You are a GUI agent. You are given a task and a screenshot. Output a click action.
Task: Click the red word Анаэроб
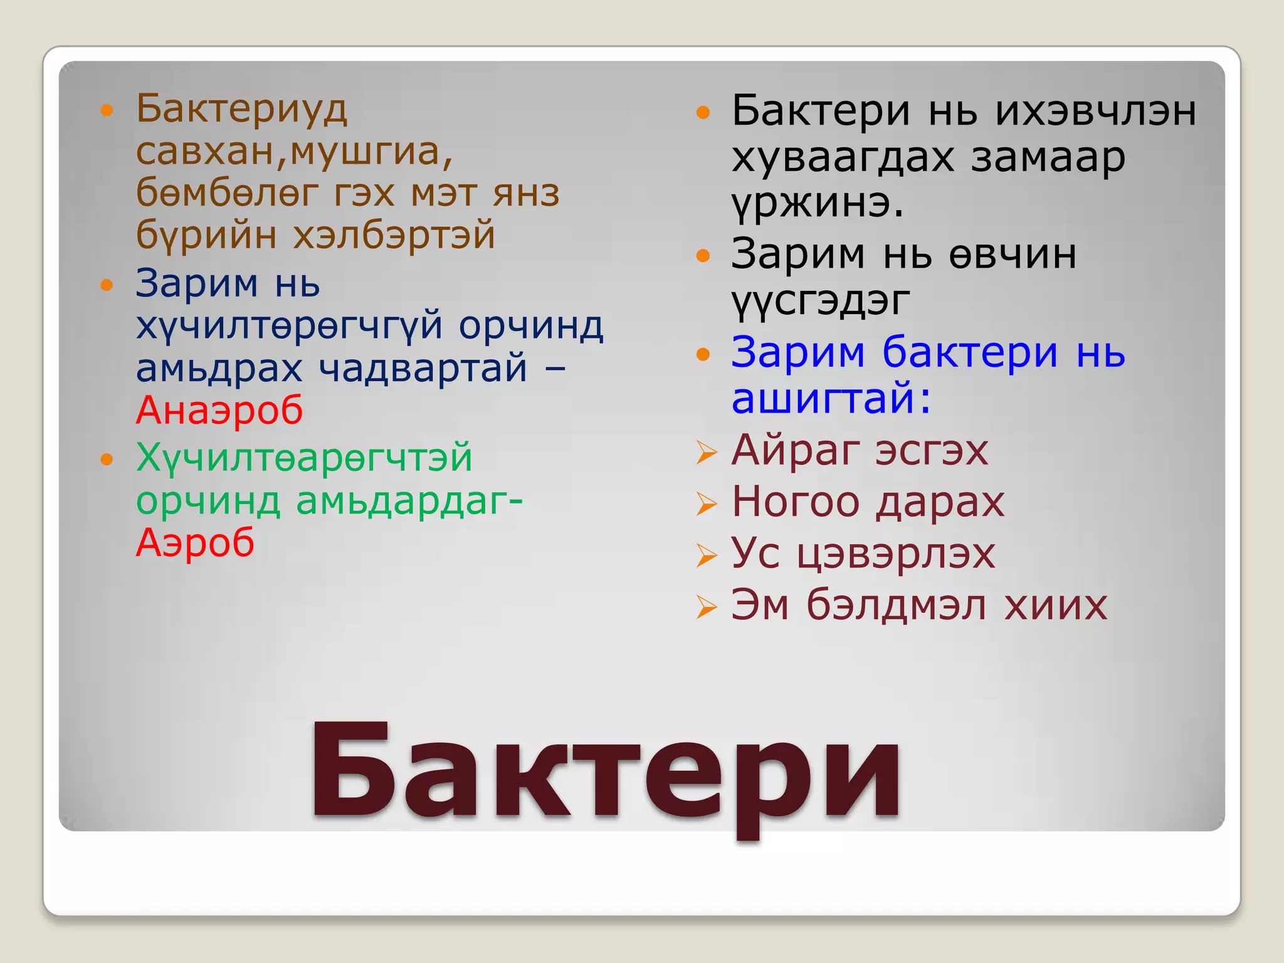click(x=219, y=411)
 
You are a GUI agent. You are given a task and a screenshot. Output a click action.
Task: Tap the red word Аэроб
click(x=195, y=542)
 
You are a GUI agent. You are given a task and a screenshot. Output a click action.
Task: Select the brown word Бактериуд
click(x=241, y=109)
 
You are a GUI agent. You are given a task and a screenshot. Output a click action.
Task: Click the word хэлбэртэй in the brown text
click(x=394, y=236)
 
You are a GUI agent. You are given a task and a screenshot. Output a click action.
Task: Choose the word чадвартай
click(x=423, y=368)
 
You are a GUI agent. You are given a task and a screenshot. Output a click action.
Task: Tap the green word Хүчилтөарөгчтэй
click(x=304, y=458)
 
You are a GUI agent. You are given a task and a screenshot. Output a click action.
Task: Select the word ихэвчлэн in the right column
click(x=1096, y=112)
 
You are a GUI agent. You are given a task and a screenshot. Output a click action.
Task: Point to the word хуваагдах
click(x=843, y=157)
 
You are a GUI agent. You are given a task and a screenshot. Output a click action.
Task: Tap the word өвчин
click(x=1013, y=255)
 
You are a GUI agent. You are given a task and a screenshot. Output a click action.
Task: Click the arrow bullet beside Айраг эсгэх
click(x=707, y=452)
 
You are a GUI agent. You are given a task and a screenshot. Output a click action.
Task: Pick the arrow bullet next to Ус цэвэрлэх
click(x=707, y=555)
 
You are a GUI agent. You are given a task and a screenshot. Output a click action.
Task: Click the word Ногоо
click(x=796, y=502)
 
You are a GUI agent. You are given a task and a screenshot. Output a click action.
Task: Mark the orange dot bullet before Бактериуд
click(x=107, y=111)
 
